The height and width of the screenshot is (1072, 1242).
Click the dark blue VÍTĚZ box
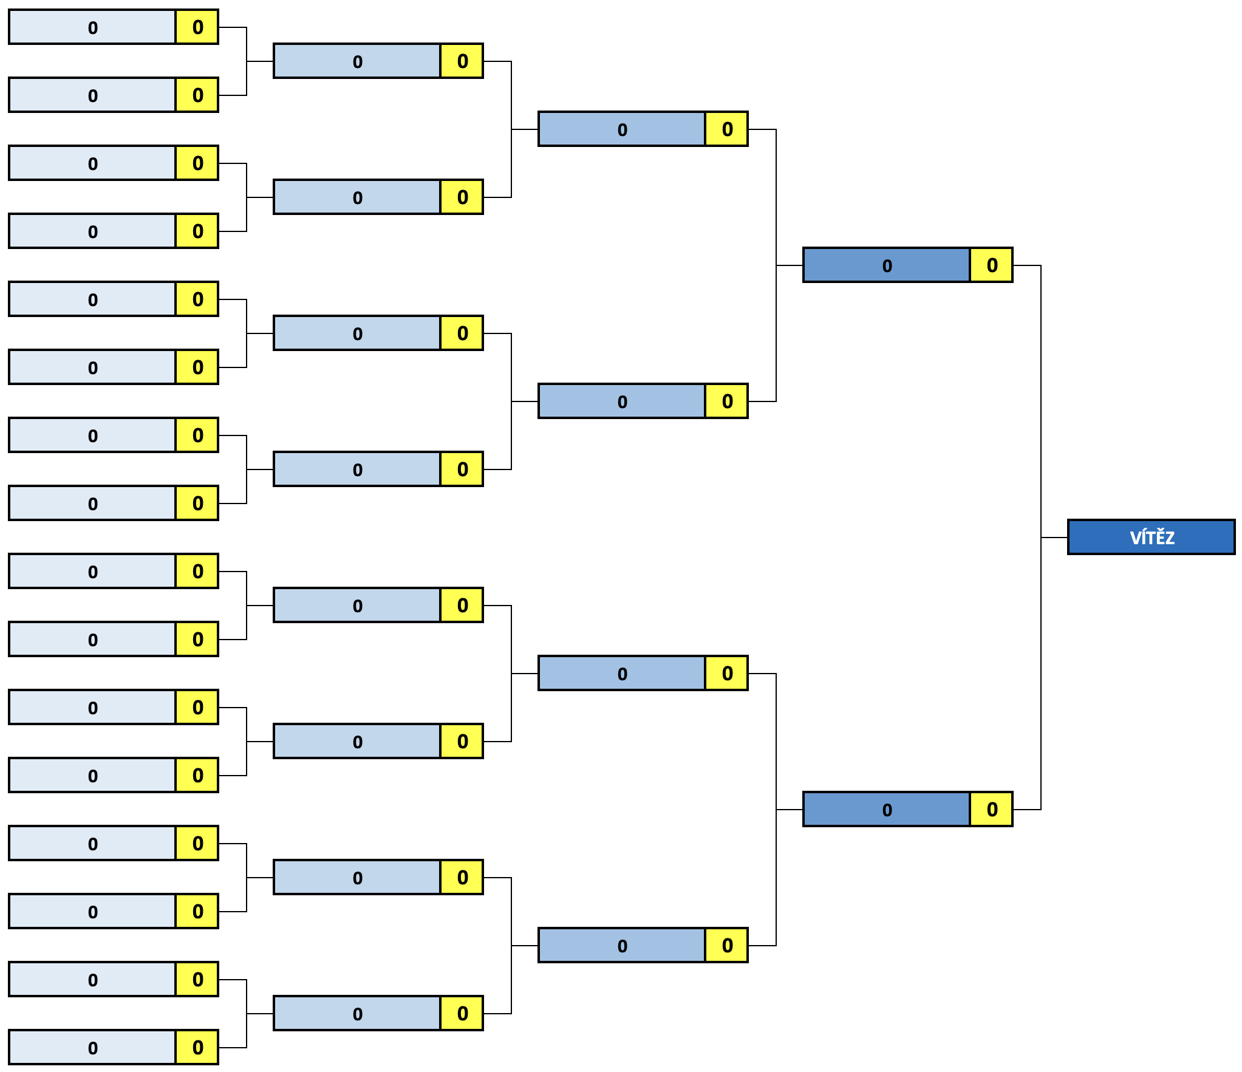[x=1152, y=537]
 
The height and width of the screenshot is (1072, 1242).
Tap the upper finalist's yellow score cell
[x=991, y=265]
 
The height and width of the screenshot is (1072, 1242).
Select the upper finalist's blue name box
[x=887, y=265]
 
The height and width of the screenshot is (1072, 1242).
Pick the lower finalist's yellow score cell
[x=991, y=809]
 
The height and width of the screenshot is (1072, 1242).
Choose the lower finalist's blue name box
[x=887, y=809]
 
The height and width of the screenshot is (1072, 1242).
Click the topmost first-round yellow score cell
[x=197, y=27]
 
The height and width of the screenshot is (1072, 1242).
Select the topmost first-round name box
[x=92, y=27]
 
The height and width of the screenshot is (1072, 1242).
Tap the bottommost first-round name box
[x=92, y=1047]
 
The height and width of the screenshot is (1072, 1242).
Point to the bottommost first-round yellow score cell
[x=197, y=1047]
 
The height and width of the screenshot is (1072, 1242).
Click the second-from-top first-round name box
[x=92, y=95]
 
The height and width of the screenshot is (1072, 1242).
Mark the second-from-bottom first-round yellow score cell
[x=197, y=979]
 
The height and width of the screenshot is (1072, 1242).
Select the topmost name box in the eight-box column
[x=357, y=61]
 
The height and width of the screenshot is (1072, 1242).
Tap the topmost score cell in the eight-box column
[x=462, y=61]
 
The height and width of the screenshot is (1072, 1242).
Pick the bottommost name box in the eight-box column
[x=357, y=1013]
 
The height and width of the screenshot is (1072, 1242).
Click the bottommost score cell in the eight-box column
[x=462, y=1013]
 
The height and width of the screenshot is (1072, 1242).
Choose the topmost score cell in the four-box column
[x=726, y=129]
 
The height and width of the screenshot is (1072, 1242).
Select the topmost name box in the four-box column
[x=622, y=129]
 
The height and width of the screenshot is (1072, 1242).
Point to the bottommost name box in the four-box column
[x=622, y=945]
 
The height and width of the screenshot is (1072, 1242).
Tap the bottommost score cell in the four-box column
[x=726, y=945]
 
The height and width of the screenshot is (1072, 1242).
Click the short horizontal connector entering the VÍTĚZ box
[x=1054, y=538]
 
